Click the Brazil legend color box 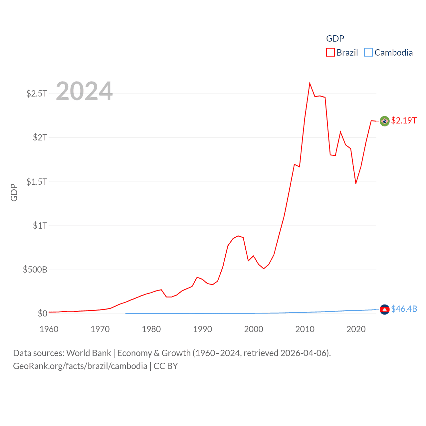coord(330,53)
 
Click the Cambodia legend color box coord(368,53)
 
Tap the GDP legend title coord(335,39)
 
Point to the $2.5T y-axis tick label coord(37,94)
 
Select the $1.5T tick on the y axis coord(37,182)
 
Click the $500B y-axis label coord(35,270)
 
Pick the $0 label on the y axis coord(42,314)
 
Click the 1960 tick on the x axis coord(49,329)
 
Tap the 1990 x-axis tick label coord(202,329)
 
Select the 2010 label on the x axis coord(305,329)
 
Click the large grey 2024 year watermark coord(84,91)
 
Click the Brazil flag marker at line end coord(384,121)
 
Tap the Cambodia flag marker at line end coord(384,310)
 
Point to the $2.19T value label coord(404,120)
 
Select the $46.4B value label coord(404,309)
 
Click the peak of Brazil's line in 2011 coord(310,83)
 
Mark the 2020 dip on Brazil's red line coord(356,183)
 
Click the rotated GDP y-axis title coord(14,192)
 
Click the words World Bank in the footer coord(89,353)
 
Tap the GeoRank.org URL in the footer coord(80,366)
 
